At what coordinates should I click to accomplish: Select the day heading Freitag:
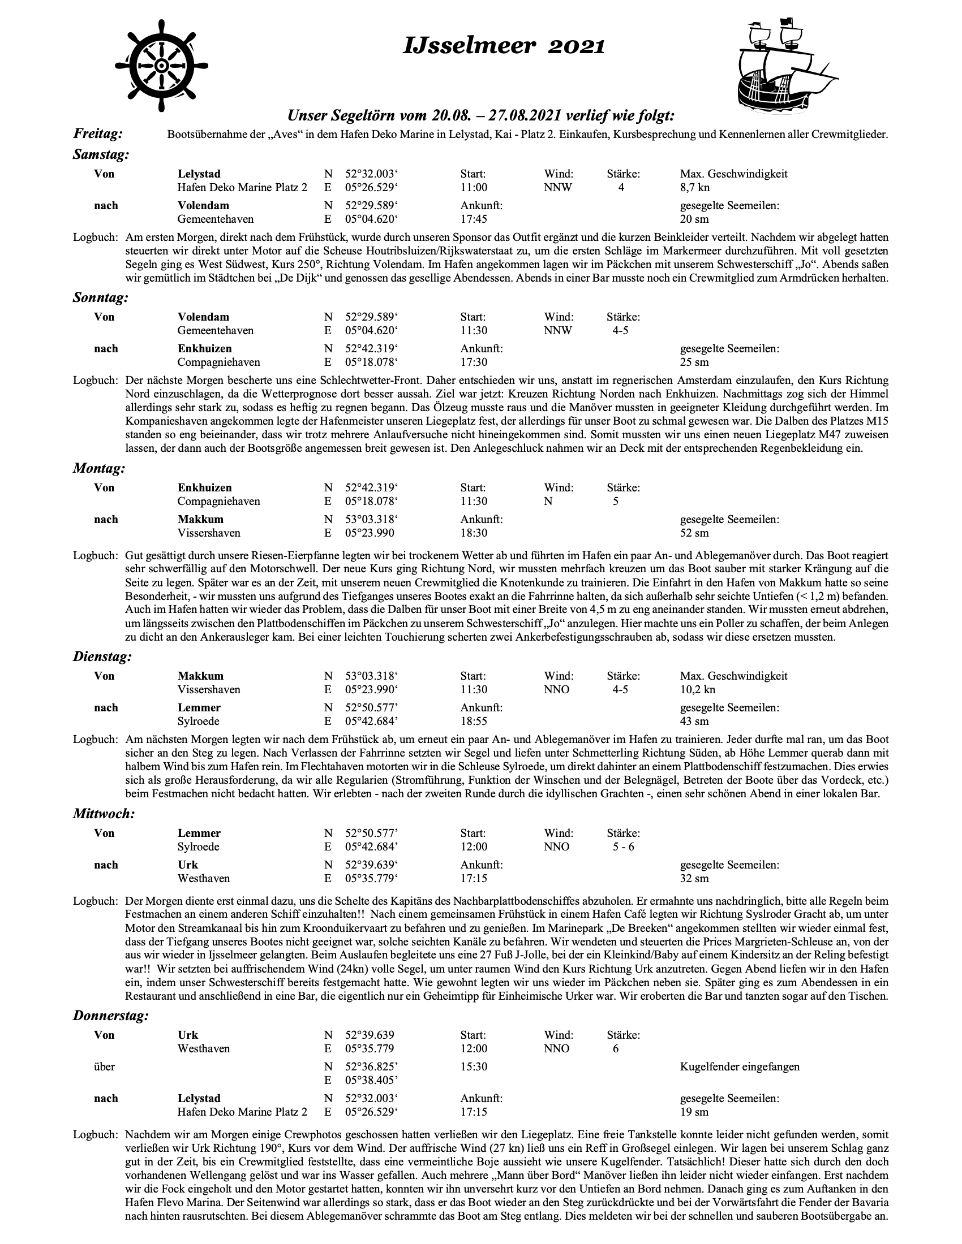pos(98,134)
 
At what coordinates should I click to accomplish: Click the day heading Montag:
pos(98,469)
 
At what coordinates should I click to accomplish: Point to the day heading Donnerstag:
pos(111,1016)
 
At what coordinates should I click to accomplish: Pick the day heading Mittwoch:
pos(104,814)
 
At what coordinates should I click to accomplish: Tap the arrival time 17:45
pos(474,219)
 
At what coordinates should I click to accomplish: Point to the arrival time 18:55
pos(474,722)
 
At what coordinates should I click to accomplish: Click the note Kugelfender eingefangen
pos(740,1067)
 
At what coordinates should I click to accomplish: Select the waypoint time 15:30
pos(474,1067)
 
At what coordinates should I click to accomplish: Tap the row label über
pos(104,1067)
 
